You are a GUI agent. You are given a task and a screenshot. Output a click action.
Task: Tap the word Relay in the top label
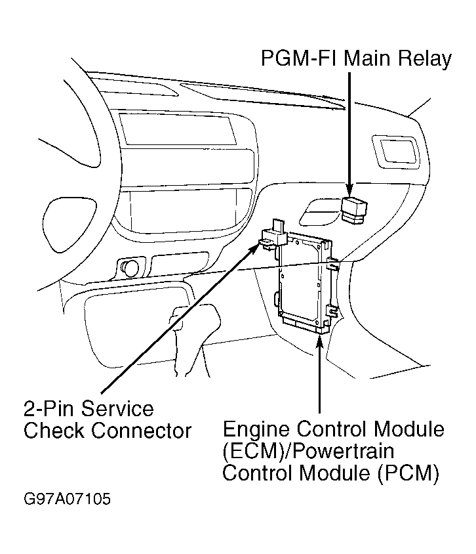[x=424, y=59]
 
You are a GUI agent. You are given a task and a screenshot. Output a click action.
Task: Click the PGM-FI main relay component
[x=354, y=210]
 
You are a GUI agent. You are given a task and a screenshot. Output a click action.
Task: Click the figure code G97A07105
[x=66, y=500]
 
